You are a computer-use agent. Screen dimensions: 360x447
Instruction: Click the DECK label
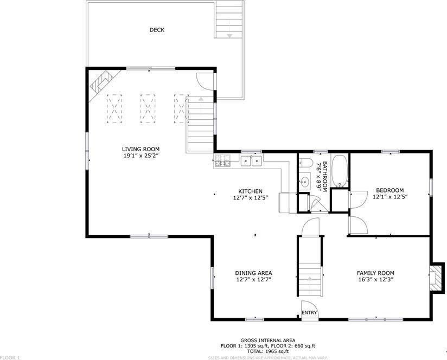tap(157, 30)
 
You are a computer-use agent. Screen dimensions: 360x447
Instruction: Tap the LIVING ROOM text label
tap(141, 149)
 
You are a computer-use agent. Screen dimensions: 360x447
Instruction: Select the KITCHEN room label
tap(251, 191)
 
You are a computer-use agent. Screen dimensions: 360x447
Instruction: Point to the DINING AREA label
tap(253, 273)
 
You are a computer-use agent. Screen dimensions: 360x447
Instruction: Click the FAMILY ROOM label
tap(375, 273)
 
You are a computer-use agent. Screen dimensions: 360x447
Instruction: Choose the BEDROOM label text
tap(390, 190)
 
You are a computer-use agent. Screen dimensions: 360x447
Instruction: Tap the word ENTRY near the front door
tap(309, 313)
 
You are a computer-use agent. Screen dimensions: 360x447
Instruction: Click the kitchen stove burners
tap(222, 160)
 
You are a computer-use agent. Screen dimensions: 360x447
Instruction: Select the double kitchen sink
tap(252, 160)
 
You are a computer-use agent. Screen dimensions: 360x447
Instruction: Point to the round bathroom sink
tap(304, 183)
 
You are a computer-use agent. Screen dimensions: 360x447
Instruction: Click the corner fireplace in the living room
tap(101, 81)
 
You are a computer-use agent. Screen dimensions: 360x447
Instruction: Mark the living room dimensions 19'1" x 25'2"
tap(141, 156)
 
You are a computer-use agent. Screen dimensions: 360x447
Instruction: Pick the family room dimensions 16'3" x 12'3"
tap(375, 280)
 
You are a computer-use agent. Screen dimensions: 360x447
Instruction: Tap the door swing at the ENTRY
tap(309, 305)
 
